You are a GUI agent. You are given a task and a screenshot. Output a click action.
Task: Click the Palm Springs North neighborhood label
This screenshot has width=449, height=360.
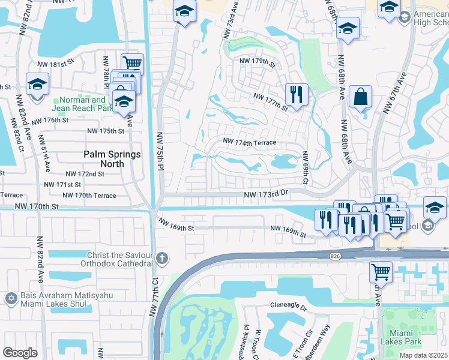point(112,159)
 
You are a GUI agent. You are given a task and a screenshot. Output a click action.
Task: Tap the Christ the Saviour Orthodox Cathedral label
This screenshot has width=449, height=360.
point(120,259)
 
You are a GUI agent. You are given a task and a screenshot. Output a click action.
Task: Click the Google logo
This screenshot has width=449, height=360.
point(20,353)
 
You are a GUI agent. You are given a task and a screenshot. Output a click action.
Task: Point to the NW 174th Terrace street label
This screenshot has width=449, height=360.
point(249,142)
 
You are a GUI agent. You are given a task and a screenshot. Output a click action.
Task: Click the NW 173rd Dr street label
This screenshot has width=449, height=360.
point(267,194)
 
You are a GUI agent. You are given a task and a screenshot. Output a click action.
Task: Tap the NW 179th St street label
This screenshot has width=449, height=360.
point(257,62)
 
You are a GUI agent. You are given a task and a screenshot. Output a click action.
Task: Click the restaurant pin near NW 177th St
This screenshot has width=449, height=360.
point(297,94)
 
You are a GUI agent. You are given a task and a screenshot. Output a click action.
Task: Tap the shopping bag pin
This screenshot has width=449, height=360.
point(360,96)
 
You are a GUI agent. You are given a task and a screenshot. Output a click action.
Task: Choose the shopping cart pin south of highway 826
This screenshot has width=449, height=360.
point(381,271)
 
